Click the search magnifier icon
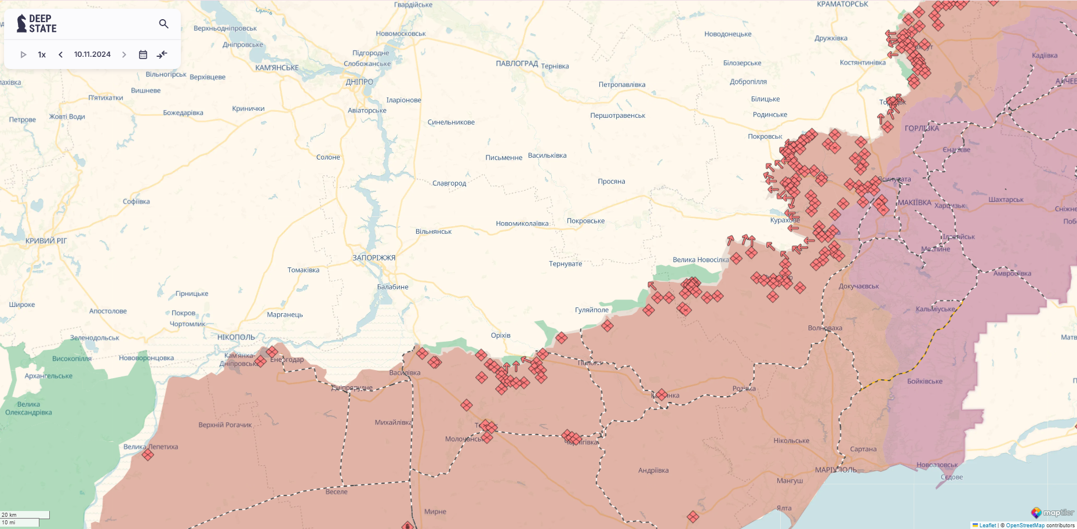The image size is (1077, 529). tap(163, 24)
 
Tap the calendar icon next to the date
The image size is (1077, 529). tap(143, 55)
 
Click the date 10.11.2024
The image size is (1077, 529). tap(92, 55)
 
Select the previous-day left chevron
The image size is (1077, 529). tap(60, 55)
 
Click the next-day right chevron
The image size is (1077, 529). tap(124, 55)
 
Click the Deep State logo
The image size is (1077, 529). tap(37, 24)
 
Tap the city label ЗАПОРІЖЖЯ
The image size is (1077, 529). tap(374, 258)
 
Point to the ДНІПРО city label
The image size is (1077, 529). tap(359, 82)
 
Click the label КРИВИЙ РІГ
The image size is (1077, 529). tap(46, 241)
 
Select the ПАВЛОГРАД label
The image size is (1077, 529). tap(516, 64)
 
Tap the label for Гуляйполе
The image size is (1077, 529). tap(591, 310)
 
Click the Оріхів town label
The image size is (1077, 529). tap(500, 335)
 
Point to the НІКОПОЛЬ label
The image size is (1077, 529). tap(236, 337)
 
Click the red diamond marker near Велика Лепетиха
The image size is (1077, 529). tap(148, 455)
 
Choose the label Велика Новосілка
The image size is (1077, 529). tap(700, 260)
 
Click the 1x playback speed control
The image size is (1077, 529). tap(42, 55)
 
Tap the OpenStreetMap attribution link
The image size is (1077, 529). tap(1025, 526)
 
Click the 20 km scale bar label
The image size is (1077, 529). tap(9, 514)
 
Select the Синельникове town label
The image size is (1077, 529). tap(451, 122)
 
